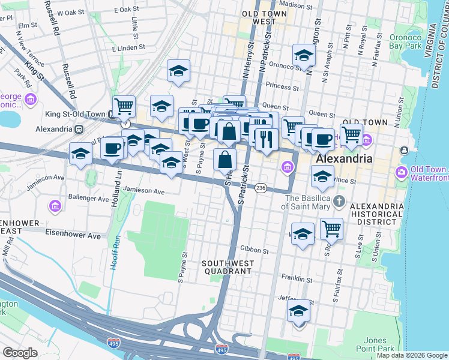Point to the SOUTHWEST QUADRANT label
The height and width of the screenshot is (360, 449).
coord(226,267)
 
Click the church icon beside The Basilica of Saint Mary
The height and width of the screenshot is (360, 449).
coord(340,200)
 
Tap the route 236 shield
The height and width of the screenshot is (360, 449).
coord(261,188)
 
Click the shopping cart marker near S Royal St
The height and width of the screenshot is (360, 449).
coord(331,228)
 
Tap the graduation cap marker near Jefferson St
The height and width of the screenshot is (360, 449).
coord(298,311)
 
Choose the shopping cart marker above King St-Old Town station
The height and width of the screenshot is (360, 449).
coord(124,107)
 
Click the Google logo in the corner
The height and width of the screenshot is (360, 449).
coord(20,353)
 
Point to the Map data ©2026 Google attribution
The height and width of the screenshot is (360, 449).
coord(411,355)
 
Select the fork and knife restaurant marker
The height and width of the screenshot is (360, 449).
coord(266,139)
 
